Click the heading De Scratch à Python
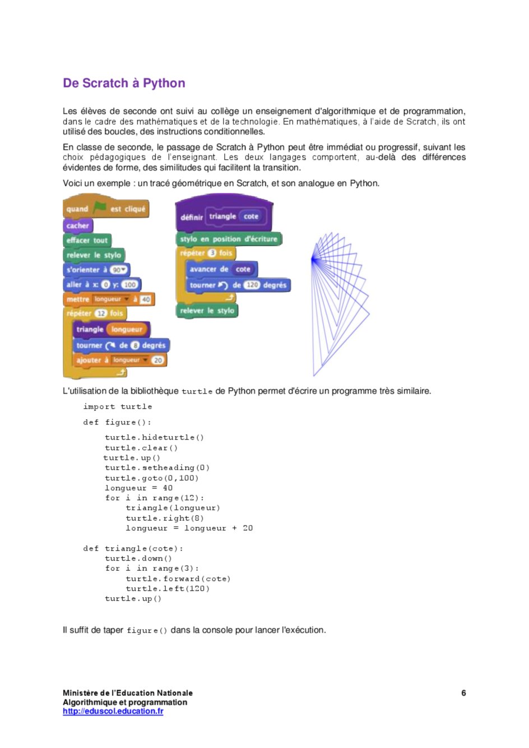point(124,83)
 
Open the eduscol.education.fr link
point(113,711)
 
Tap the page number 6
point(463,693)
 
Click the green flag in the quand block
point(100,208)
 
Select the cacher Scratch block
point(77,225)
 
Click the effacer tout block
point(87,240)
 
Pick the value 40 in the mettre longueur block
point(146,299)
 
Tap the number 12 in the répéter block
point(101,313)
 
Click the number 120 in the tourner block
point(252,285)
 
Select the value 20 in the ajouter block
point(158,360)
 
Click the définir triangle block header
point(223,216)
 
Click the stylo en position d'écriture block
point(229,239)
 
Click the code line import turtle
point(118,407)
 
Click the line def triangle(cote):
point(133,548)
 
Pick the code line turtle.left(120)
point(168,589)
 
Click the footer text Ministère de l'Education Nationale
point(128,693)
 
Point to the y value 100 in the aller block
point(130,284)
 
